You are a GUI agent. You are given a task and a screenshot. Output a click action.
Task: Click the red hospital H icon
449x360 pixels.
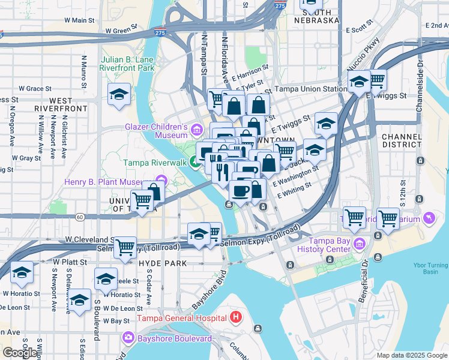click(236, 317)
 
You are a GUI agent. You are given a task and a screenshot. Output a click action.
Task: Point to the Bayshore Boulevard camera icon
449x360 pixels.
click(128, 338)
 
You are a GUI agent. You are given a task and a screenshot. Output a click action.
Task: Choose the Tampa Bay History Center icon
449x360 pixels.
click(360, 244)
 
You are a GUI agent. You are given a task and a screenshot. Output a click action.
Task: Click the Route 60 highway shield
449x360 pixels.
click(79, 216)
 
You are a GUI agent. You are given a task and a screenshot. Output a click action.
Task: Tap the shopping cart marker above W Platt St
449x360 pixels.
click(125, 246)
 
